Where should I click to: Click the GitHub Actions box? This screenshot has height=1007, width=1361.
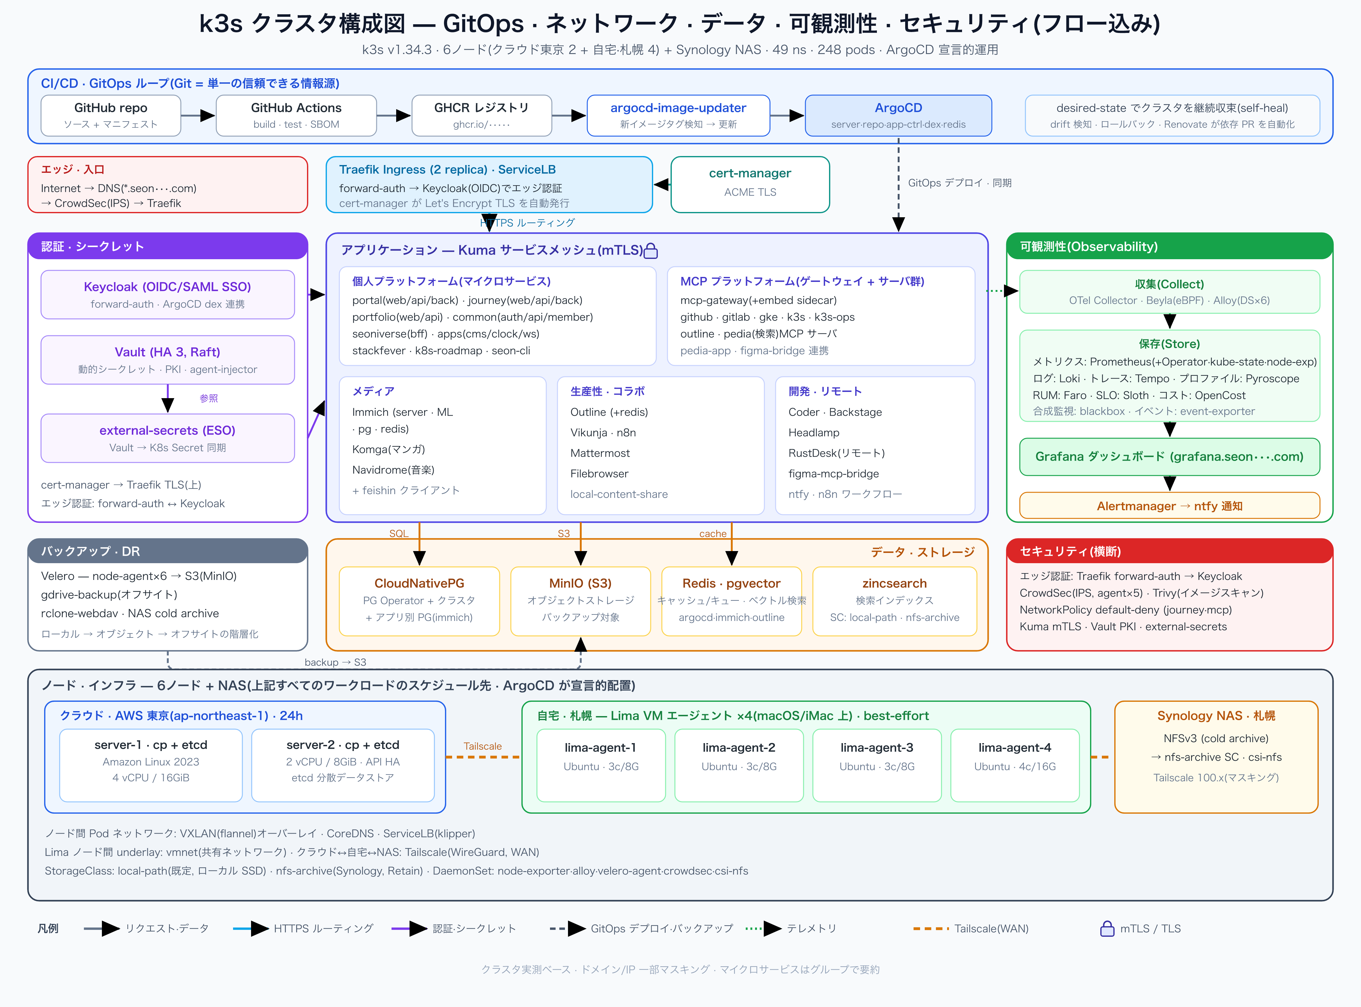296,115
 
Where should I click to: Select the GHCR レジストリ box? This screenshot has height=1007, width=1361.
482,115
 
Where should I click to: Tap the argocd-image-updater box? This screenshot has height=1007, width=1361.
678,115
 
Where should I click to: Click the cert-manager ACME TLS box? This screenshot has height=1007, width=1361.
750,184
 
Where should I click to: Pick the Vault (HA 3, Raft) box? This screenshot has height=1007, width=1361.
167,360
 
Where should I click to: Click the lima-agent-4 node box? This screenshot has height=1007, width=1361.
1015,765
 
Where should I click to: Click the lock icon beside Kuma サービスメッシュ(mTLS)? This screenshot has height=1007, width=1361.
651,251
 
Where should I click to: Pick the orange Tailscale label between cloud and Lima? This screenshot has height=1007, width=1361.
483,746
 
